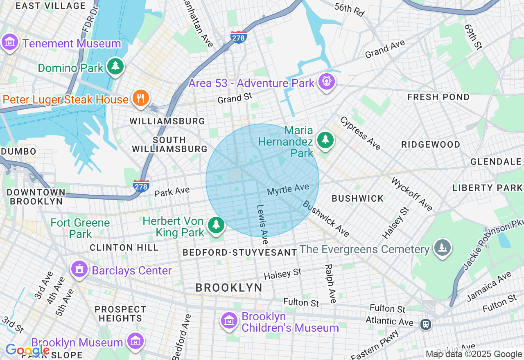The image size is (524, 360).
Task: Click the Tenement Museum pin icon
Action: coord(9,42)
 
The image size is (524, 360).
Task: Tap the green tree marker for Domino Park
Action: coord(115,66)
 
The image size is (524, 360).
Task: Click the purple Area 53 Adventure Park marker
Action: coord(326,82)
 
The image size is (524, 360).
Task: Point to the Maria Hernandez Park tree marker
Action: coord(325,140)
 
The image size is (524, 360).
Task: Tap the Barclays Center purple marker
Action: coord(79,269)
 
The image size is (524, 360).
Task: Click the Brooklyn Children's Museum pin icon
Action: coord(229,321)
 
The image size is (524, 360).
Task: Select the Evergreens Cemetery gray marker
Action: coord(442,248)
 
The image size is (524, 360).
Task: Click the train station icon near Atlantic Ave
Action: coord(426,324)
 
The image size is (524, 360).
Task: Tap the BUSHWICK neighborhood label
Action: coord(358,198)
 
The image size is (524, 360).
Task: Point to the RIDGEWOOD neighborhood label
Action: coord(431,144)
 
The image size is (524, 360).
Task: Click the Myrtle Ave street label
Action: coord(288,189)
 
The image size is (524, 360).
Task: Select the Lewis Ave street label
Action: coord(262,221)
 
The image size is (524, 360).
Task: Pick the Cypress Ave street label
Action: coord(360,133)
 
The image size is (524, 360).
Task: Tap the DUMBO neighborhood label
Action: coord(18,151)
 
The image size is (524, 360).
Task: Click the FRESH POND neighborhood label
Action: coord(438,97)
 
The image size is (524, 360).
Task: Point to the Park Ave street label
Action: coord(172,191)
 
